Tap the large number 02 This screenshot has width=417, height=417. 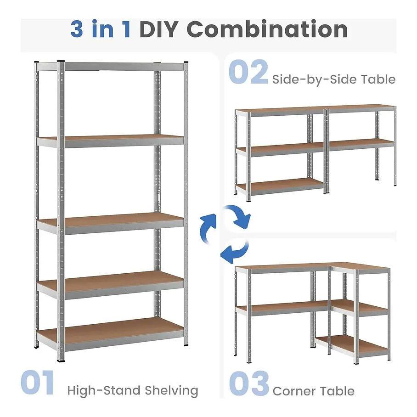(248, 72)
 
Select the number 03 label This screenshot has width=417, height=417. (249, 383)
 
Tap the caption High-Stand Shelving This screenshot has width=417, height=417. (133, 391)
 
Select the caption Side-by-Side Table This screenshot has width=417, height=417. (333, 79)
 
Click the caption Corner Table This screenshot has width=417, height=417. (314, 391)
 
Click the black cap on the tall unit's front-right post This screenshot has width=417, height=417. (186, 63)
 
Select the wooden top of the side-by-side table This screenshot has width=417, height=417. (317, 108)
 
